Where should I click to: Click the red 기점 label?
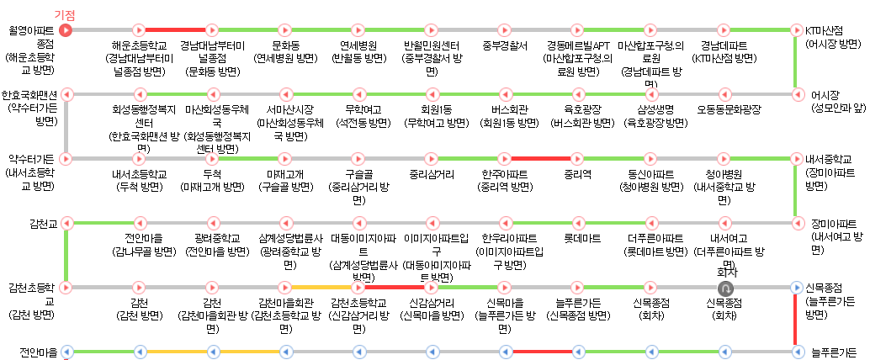click(65, 16)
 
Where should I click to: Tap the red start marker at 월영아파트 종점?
click(66, 30)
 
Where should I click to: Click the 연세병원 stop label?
click(358, 45)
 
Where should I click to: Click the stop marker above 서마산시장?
click(285, 94)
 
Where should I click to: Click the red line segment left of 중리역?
click(542, 158)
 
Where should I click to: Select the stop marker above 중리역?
click(578, 158)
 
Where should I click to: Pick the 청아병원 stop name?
click(724, 174)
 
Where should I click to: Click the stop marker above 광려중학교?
click(212, 223)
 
